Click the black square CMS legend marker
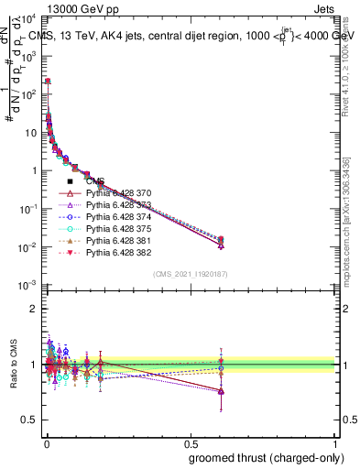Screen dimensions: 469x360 [70, 181]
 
